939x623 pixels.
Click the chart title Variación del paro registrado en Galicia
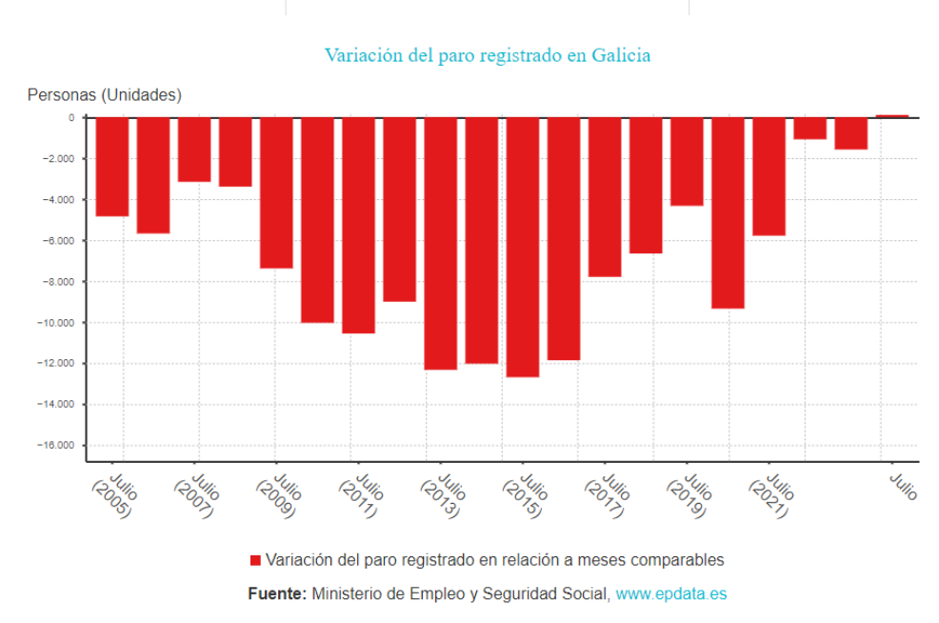tap(488, 55)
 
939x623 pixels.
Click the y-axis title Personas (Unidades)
tap(104, 94)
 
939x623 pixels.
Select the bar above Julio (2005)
tap(111, 167)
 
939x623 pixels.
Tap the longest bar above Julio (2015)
tap(522, 248)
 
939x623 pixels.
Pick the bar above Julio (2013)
tap(440, 243)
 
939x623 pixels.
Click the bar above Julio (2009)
tap(276, 192)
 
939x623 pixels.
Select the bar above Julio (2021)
tap(769, 176)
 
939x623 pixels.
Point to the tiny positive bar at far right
tap(892, 115)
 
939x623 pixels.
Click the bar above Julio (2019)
tap(687, 161)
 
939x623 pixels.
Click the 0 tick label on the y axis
tap(70, 117)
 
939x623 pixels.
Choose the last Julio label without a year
tap(903, 486)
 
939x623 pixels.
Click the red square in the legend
tap(255, 560)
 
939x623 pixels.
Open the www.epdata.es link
tap(671, 593)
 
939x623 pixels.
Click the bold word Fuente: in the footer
tap(276, 593)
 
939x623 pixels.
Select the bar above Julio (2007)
tap(194, 150)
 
